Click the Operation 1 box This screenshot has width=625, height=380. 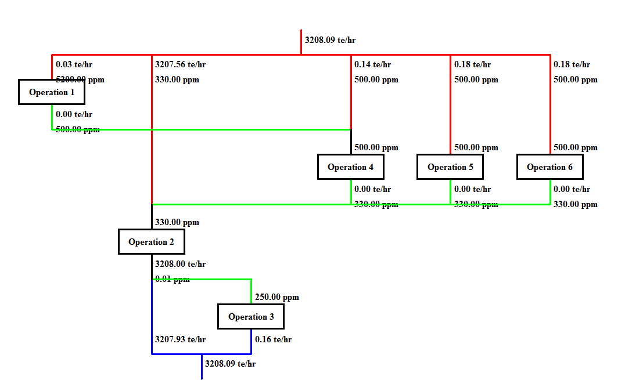click(x=52, y=92)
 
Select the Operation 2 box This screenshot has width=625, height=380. click(x=151, y=241)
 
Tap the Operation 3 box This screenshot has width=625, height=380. click(x=251, y=316)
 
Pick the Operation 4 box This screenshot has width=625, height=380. click(x=351, y=167)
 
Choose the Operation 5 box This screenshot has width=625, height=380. click(x=450, y=167)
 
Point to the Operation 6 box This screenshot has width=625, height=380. click(x=549, y=167)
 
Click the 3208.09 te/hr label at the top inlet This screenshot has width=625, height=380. click(x=330, y=40)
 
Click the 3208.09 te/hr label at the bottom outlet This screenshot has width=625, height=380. click(x=230, y=364)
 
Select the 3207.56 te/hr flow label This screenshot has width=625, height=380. click(x=180, y=64)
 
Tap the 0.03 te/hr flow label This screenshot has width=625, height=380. click(x=74, y=64)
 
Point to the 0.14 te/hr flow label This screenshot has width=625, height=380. click(x=372, y=64)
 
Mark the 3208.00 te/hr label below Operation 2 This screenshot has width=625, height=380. click(x=180, y=264)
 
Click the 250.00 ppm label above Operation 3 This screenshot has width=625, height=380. click(x=276, y=297)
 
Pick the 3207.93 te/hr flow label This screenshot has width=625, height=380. click(x=180, y=339)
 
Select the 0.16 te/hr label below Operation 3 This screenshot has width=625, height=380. click(x=273, y=339)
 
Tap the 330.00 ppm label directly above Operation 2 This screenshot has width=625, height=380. click(x=177, y=222)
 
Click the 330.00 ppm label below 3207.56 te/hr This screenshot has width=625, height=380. click(x=177, y=79)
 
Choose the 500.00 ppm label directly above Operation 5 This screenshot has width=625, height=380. click(x=476, y=147)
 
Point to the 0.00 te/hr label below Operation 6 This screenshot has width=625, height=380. click(x=572, y=189)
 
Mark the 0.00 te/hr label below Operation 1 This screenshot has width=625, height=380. click(x=74, y=114)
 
